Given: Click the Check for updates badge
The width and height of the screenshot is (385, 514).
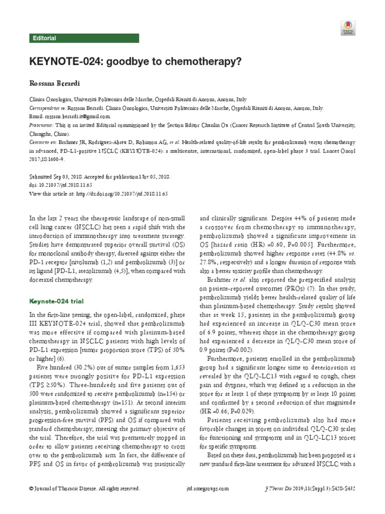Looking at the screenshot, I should [347, 28].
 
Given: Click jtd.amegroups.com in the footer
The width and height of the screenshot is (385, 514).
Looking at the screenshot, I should [207, 488].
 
